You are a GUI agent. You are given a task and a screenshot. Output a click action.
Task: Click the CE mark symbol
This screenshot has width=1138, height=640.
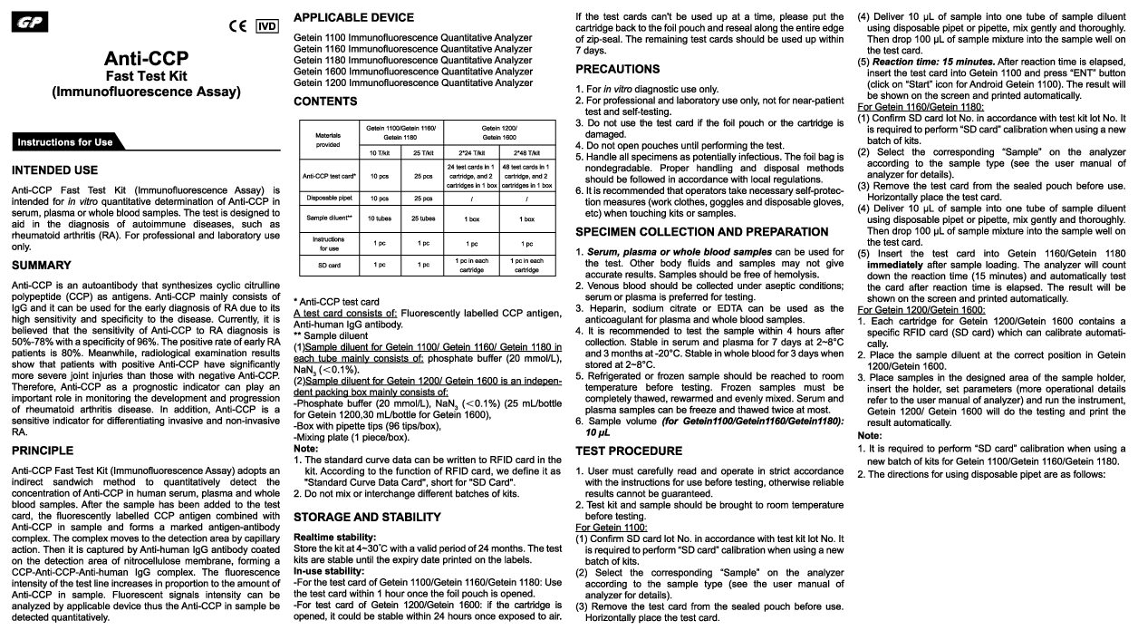238,25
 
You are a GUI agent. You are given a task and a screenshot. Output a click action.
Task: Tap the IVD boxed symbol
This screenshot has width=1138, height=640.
268,25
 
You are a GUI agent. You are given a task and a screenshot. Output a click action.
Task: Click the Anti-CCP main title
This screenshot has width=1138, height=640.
146,59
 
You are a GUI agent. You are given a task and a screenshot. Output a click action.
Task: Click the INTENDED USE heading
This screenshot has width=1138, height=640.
54,170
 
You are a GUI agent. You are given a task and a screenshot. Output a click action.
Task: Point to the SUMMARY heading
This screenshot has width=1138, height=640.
41,265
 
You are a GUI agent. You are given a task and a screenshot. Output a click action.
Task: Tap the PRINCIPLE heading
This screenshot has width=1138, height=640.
43,450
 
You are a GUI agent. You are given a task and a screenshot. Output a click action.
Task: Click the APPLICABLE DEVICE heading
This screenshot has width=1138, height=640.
353,17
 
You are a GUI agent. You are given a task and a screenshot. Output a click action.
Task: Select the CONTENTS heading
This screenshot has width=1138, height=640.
325,102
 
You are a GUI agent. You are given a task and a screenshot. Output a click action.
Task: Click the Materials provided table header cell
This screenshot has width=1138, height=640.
327,139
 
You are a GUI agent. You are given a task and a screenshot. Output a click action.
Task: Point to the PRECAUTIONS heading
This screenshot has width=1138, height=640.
618,69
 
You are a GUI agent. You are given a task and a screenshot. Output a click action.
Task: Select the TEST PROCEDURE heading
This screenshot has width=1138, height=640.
629,451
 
